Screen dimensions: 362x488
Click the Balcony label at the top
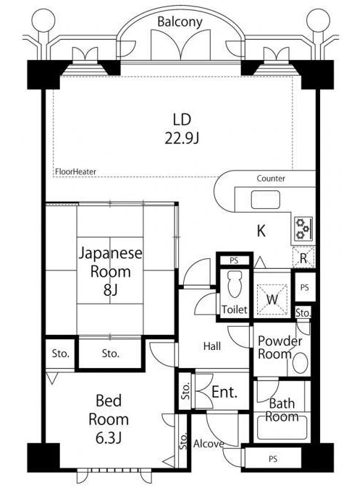click(180, 22)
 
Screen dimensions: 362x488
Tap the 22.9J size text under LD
click(182, 138)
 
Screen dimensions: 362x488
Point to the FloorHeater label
click(75, 171)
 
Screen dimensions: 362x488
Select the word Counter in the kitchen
click(271, 179)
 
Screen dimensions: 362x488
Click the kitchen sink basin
click(265, 200)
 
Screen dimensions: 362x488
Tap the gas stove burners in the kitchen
click(303, 228)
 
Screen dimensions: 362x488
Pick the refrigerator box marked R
click(303, 257)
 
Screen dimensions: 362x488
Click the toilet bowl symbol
click(235, 283)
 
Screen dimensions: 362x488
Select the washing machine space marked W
click(272, 299)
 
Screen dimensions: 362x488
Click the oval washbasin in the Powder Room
click(300, 363)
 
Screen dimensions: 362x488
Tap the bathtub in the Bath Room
click(282, 427)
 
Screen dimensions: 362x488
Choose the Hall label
click(212, 346)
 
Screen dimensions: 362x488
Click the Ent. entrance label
click(224, 392)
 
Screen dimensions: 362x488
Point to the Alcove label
click(209, 444)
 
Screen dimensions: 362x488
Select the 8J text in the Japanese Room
click(110, 290)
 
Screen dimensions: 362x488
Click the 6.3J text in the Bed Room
click(108, 438)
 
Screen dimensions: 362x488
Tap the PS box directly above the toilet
click(234, 260)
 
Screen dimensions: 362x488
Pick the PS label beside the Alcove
click(273, 459)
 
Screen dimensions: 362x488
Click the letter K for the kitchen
click(261, 231)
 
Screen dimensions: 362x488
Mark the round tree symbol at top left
click(43, 20)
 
